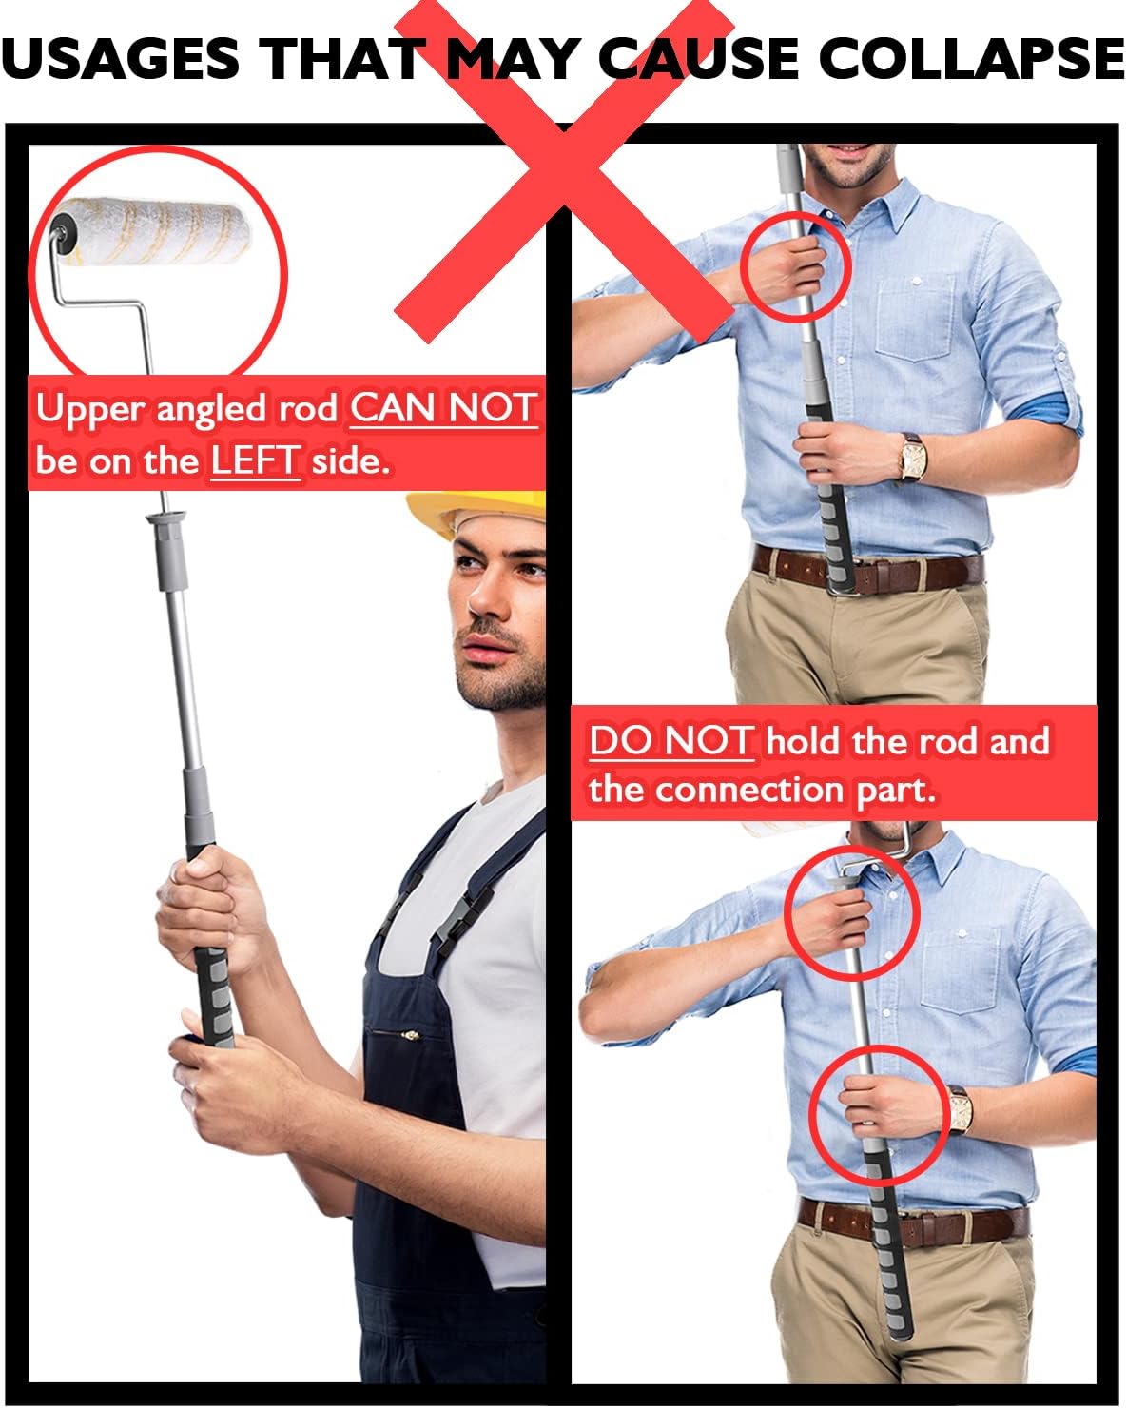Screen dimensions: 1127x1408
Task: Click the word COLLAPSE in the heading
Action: pyautogui.click(x=971, y=58)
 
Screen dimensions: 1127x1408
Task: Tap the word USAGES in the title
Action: pyautogui.click(x=121, y=58)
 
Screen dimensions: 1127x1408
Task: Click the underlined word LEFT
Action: pyautogui.click(x=256, y=461)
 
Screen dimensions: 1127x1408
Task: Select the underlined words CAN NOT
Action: pyautogui.click(x=443, y=408)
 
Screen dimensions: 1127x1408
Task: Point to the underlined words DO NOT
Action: pyautogui.click(x=671, y=741)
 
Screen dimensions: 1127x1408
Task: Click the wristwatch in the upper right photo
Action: pyautogui.click(x=912, y=458)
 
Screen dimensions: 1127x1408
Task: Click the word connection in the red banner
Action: pyautogui.click(x=749, y=790)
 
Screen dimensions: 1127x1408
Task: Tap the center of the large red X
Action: pyautogui.click(x=564, y=171)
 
